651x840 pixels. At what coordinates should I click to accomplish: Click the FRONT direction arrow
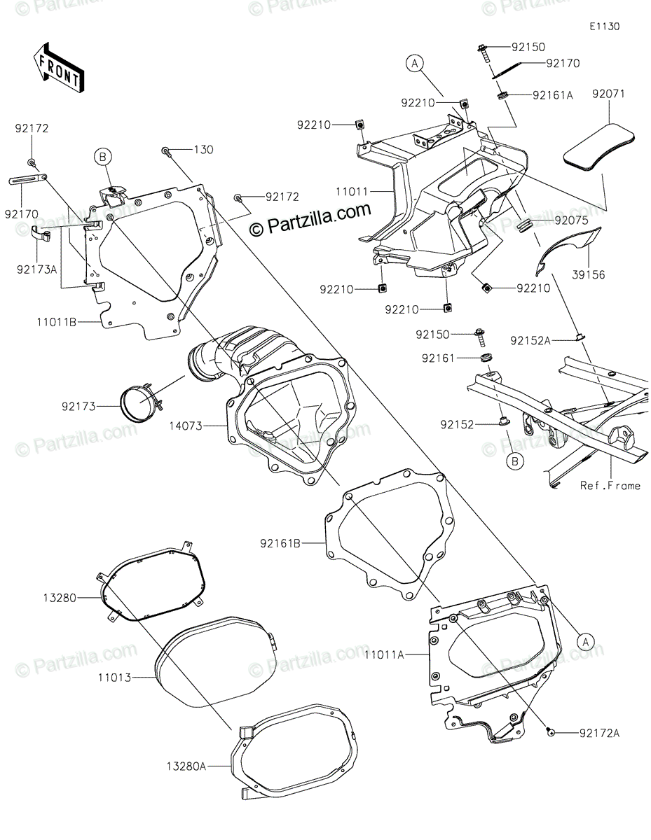click(x=59, y=69)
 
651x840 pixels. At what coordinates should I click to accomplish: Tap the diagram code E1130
click(x=604, y=27)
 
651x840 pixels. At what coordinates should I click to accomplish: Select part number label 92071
click(x=608, y=94)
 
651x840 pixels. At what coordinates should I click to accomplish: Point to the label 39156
click(x=589, y=275)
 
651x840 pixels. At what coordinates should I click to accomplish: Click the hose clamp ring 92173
click(x=140, y=402)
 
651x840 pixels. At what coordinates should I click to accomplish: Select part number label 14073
click(x=186, y=426)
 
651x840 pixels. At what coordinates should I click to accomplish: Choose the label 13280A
click(x=186, y=766)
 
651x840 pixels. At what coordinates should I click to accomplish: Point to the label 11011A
click(x=385, y=654)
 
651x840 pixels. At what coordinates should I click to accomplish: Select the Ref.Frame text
click(x=610, y=486)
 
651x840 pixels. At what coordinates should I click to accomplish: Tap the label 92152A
click(x=530, y=341)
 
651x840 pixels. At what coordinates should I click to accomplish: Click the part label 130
click(x=203, y=150)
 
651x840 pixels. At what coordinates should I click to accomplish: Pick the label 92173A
click(x=36, y=269)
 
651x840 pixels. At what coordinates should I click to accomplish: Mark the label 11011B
click(x=57, y=322)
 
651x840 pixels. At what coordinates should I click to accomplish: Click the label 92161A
click(x=553, y=95)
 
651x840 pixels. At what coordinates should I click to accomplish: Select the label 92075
click(x=571, y=220)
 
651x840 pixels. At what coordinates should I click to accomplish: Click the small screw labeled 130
click(x=166, y=151)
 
